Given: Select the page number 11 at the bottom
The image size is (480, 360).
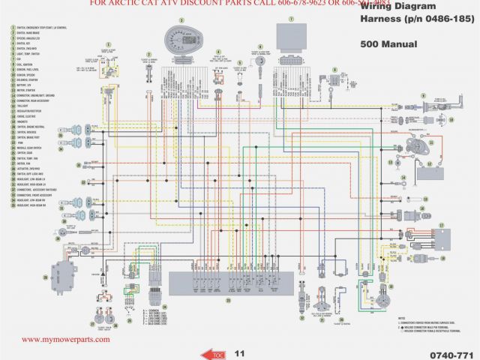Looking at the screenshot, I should tap(239, 352).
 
